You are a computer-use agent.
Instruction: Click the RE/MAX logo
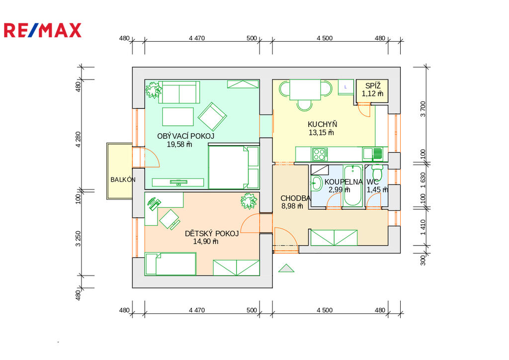pyautogui.click(x=43, y=30)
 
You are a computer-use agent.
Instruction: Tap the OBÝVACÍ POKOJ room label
pyautogui.click(x=186, y=136)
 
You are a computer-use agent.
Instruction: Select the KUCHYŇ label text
pyautogui.click(x=322, y=124)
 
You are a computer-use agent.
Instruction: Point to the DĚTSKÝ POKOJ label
pyautogui.click(x=212, y=233)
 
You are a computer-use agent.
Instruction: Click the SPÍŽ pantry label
pyautogui.click(x=373, y=86)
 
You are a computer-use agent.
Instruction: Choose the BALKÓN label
pyautogui.click(x=123, y=180)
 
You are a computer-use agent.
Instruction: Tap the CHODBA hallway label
pyautogui.click(x=295, y=198)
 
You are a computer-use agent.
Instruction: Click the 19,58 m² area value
pyautogui.click(x=179, y=145)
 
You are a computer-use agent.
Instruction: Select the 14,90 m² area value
pyautogui.click(x=205, y=242)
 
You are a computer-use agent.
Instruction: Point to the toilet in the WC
pyautogui.click(x=377, y=171)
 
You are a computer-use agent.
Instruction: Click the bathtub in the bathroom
pyautogui.click(x=353, y=185)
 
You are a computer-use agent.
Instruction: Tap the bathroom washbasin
pyautogui.click(x=316, y=183)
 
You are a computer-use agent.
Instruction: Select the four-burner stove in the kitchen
pyautogui.click(x=320, y=155)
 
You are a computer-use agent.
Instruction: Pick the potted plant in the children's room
pyautogui.click(x=249, y=201)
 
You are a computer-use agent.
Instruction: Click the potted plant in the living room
pyautogui.click(x=153, y=90)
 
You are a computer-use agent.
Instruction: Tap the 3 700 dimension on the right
pyautogui.click(x=423, y=109)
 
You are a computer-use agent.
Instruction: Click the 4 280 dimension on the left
pyautogui.click(x=78, y=140)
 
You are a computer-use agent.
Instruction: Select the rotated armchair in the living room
pyautogui.click(x=212, y=116)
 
